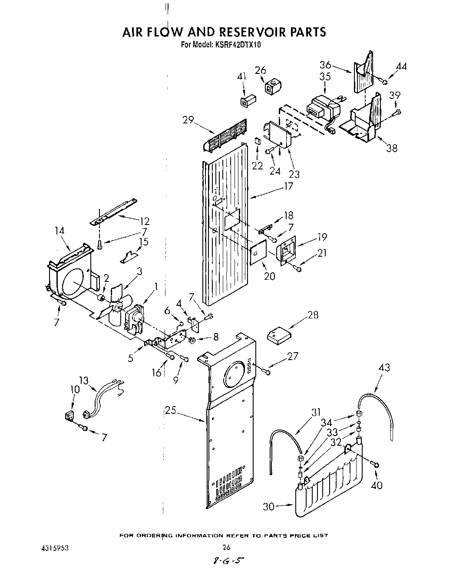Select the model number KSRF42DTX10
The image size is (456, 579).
pyautogui.click(x=237, y=44)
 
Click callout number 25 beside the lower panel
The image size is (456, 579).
pyautogui.click(x=170, y=410)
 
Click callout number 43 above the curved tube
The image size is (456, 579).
pyautogui.click(x=384, y=367)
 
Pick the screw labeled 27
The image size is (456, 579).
pyautogui.click(x=267, y=372)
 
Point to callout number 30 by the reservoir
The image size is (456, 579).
pyautogui.click(x=270, y=506)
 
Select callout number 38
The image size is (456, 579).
pyautogui.click(x=391, y=148)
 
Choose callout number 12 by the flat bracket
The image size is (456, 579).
pyautogui.click(x=144, y=221)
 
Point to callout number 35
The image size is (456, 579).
pyautogui.click(x=325, y=76)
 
